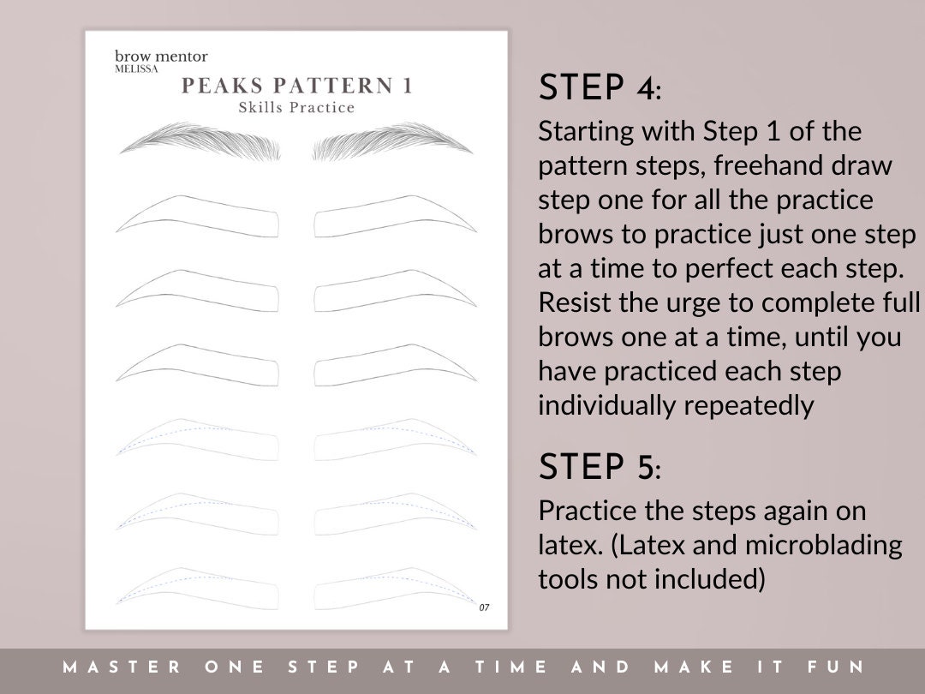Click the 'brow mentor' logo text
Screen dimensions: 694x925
pyautogui.click(x=161, y=57)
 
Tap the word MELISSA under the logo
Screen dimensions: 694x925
pyautogui.click(x=137, y=69)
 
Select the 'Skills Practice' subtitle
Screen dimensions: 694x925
pyautogui.click(x=296, y=108)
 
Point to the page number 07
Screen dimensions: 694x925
pyautogui.click(x=484, y=607)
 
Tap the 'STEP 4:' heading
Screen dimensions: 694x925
pyautogui.click(x=600, y=87)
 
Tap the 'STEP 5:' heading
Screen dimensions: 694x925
pyautogui.click(x=600, y=467)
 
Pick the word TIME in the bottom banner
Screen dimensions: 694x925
pyautogui.click(x=504, y=667)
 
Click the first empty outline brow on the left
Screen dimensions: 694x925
pyautogui.click(x=199, y=217)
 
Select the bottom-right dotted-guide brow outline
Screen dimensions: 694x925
pyautogui.click(x=394, y=588)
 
